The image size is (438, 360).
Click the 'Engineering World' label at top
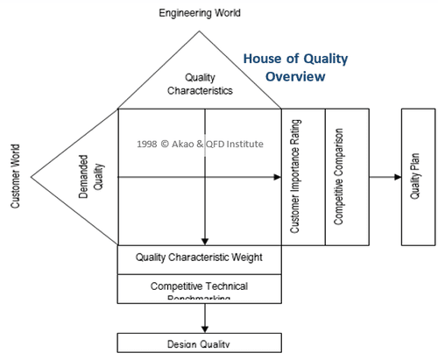point(200,13)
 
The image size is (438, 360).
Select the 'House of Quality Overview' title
point(295,67)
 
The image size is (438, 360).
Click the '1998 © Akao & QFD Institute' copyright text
point(200,143)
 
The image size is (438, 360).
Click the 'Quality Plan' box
point(415,178)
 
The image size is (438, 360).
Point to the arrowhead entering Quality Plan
point(397,178)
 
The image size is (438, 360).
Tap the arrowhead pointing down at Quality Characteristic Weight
point(204,241)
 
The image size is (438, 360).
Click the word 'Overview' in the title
point(298,76)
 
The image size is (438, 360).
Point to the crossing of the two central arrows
point(204,178)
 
